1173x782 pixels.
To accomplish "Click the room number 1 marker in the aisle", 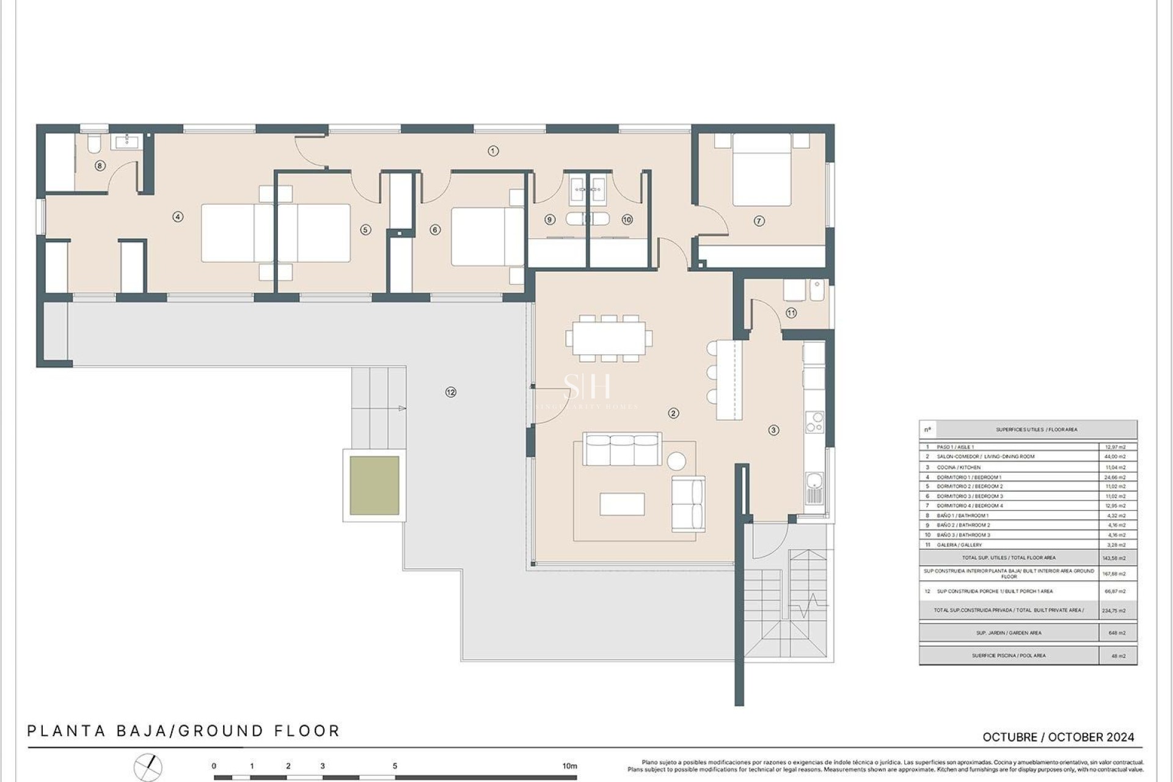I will (493, 151).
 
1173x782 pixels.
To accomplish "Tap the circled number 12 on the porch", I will (451, 392).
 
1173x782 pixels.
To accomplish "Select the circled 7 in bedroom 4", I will (759, 221).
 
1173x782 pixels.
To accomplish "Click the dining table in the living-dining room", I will (608, 338).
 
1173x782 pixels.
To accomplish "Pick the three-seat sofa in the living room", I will (622, 450).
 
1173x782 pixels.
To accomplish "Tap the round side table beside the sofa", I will (676, 461).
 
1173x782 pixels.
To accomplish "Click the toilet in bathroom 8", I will (94, 144).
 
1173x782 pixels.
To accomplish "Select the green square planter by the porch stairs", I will (375, 486).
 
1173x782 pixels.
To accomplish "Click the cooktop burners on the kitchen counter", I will (814, 422).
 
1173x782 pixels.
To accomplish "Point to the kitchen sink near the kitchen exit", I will (814, 488).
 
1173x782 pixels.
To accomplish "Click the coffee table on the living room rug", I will (622, 504).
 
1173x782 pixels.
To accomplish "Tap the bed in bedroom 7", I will (761, 170).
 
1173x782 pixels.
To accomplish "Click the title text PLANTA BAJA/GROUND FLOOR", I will (183, 731).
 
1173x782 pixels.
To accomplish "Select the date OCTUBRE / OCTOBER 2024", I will (1058, 737).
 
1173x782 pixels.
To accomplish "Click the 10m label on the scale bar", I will (569, 766).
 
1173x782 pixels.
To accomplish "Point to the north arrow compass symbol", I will (148, 768).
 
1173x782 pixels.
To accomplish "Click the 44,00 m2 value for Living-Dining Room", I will (1116, 456).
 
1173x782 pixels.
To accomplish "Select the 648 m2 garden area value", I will (1117, 633).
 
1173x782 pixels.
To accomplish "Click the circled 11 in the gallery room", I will (791, 313).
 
